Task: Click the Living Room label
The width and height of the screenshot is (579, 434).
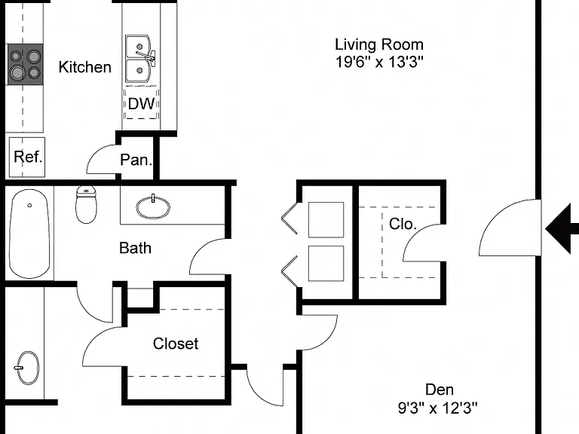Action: tap(379, 44)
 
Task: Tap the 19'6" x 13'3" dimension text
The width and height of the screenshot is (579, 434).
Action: tap(379, 62)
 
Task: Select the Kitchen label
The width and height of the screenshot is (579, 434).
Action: tap(85, 67)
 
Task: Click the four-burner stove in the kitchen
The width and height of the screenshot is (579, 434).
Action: tap(26, 64)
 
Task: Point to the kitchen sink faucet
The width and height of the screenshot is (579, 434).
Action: tap(147, 56)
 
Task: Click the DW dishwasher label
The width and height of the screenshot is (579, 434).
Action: tap(142, 104)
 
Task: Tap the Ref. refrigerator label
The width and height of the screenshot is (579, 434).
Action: tap(28, 157)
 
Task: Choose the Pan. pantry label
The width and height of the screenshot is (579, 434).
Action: tap(136, 160)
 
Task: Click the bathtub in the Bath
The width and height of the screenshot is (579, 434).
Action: tap(29, 234)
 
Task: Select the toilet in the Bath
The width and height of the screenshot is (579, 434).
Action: tap(86, 204)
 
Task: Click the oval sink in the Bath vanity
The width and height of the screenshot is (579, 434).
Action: tap(153, 207)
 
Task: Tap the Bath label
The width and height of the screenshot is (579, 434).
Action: tap(135, 248)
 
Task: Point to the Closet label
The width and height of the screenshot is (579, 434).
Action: tap(176, 344)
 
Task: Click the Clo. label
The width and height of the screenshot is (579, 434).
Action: tap(403, 224)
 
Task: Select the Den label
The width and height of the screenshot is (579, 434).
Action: tap(440, 390)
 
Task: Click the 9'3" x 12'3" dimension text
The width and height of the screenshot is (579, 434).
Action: tap(437, 408)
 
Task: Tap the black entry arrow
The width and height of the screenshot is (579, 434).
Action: tap(562, 229)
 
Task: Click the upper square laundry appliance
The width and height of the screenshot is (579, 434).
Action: tap(326, 219)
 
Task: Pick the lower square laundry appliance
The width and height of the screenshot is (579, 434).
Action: tap(326, 263)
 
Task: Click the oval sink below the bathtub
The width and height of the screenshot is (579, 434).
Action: tap(28, 368)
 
